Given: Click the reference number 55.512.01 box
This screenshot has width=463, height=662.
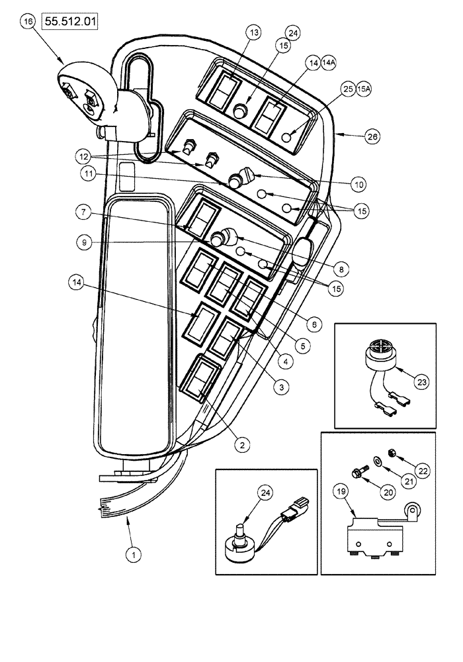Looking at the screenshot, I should (71, 21).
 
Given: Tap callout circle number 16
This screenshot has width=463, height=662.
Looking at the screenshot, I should (28, 22).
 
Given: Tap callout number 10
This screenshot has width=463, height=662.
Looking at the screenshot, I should (358, 183).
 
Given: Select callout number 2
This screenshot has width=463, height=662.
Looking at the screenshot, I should (242, 446).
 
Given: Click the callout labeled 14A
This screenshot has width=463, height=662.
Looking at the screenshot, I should (329, 62).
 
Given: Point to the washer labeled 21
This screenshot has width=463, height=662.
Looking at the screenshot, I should (376, 460).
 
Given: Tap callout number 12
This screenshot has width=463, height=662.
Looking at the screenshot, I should (83, 157).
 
